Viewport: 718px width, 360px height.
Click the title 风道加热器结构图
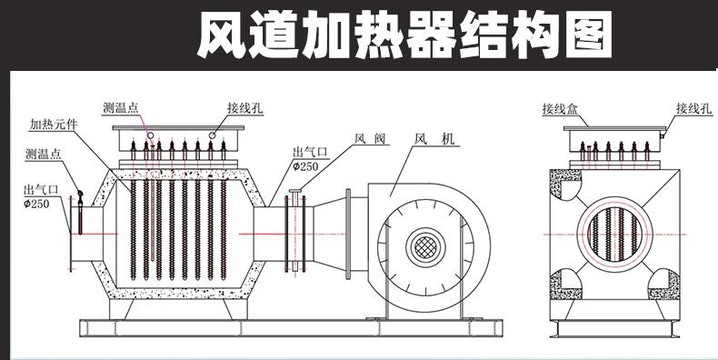click(404, 35)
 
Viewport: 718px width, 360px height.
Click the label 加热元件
click(53, 125)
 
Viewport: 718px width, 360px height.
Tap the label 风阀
click(370, 138)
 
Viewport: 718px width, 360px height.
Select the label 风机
click(434, 138)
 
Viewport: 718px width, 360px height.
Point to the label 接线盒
click(560, 109)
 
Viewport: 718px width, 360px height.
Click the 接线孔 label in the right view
click(694, 108)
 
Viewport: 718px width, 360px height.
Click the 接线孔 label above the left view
click(245, 108)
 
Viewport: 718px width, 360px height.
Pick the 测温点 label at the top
click(121, 108)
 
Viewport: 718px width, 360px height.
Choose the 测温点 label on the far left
click(43, 154)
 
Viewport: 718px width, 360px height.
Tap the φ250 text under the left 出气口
click(36, 204)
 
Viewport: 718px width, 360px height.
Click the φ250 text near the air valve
click(305, 166)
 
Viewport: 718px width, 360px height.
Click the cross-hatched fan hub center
click(425, 247)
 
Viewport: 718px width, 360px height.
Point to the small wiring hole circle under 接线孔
click(212, 135)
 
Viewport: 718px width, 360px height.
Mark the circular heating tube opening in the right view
click(613, 235)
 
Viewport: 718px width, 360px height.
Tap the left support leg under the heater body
click(121, 309)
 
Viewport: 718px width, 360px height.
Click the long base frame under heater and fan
click(291, 328)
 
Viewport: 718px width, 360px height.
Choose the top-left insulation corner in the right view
click(565, 185)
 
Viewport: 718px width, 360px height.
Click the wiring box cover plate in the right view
click(614, 129)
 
